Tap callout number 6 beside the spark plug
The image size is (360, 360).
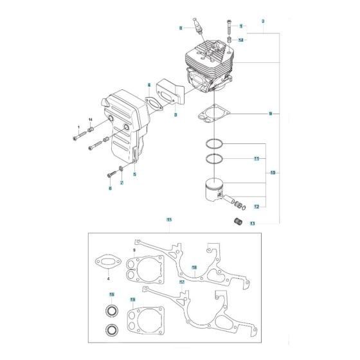[182, 28]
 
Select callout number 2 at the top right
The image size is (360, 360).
[264, 22]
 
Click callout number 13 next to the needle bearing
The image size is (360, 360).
[253, 224]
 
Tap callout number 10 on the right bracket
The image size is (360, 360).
[273, 173]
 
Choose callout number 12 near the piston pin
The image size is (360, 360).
[256, 206]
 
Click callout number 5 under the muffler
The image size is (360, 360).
[134, 174]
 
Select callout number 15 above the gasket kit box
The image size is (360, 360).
[169, 221]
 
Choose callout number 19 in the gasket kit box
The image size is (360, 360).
[132, 300]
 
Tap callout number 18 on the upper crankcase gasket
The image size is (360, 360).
[194, 267]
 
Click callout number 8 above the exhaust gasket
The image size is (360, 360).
[148, 85]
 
